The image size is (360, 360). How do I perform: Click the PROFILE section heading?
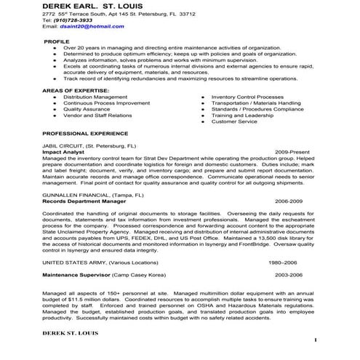pyautogui.click(x=57, y=41)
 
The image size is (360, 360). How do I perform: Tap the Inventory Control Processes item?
pyautogui.click(x=247, y=96)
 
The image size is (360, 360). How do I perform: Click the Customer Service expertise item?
pyautogui.click(x=234, y=121)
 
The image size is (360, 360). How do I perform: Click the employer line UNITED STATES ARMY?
pyautogui.click(x=100, y=261)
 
